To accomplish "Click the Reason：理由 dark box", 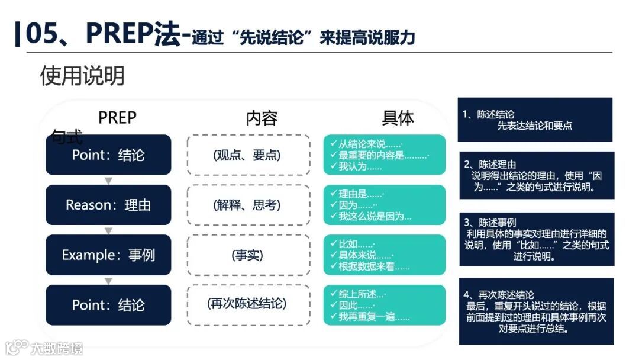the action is [108, 205].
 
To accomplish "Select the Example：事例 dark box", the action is [108, 255].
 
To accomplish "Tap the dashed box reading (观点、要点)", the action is [248, 155].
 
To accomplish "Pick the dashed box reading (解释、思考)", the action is [248, 205].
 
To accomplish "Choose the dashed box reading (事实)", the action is [248, 255].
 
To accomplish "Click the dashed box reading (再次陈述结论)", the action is [248, 304].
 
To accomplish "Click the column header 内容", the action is [262, 118].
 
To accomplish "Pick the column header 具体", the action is [398, 118].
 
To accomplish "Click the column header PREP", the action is [117, 118].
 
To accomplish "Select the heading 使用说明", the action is [82, 76].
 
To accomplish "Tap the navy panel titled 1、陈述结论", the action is [534, 120].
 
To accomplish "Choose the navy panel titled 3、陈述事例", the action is [537, 239].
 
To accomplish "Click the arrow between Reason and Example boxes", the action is [108, 230].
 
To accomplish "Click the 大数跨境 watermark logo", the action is [44, 348].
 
